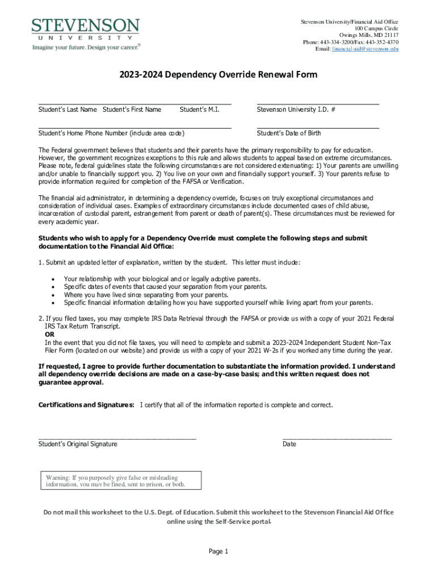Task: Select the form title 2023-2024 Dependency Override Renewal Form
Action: [x=218, y=75]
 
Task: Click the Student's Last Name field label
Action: [x=67, y=110]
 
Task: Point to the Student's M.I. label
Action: [x=199, y=110]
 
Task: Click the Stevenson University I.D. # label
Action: [x=296, y=110]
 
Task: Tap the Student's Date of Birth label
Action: [x=289, y=133]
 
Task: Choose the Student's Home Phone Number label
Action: [x=111, y=133]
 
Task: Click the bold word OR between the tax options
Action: [x=50, y=335]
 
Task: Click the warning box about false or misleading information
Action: [x=116, y=481]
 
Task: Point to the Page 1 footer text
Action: [x=218, y=551]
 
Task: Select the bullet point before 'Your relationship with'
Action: [x=53, y=279]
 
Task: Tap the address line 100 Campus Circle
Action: [x=377, y=28]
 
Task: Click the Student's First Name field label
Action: [x=132, y=110]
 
